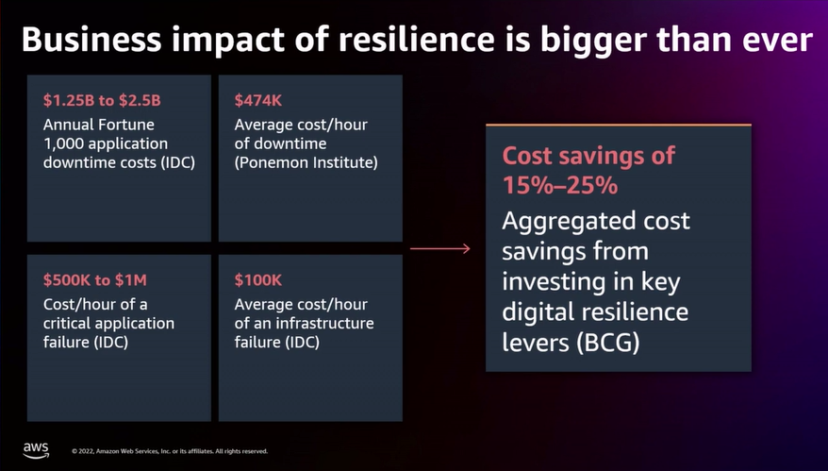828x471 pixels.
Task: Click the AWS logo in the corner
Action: coord(35,449)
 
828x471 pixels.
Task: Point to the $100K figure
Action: coord(257,279)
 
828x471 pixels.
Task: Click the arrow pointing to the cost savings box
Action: coord(440,248)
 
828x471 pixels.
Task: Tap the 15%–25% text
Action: coord(559,186)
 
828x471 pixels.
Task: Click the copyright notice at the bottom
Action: coord(170,451)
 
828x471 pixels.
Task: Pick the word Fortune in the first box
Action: coord(128,123)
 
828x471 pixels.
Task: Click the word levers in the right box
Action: coord(535,342)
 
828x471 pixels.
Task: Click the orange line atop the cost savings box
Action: coord(618,125)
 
